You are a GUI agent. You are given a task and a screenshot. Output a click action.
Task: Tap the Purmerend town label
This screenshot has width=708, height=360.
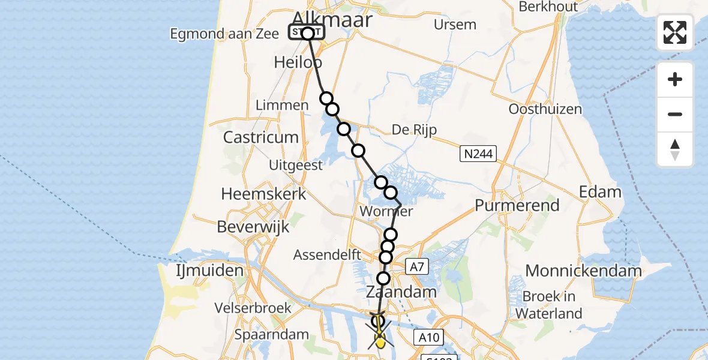click(x=517, y=205)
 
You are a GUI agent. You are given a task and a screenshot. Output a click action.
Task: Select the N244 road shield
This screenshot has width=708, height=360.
click(x=478, y=154)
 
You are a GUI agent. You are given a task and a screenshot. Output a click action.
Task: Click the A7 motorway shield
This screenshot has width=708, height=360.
click(x=418, y=267)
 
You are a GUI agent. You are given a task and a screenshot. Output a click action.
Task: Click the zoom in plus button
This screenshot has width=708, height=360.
click(x=675, y=79)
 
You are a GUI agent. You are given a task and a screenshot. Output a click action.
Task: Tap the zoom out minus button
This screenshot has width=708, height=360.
click(x=675, y=114)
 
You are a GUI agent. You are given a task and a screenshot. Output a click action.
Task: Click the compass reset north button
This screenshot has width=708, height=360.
click(x=675, y=149)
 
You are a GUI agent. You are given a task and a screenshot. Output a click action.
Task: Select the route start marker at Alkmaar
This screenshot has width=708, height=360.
click(x=307, y=33)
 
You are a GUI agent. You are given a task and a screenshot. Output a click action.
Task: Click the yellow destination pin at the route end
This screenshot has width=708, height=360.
click(x=380, y=341)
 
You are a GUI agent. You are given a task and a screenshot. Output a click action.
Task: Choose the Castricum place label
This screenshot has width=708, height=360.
click(x=260, y=137)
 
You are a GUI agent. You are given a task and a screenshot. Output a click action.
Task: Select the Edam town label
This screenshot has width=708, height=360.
click(x=600, y=192)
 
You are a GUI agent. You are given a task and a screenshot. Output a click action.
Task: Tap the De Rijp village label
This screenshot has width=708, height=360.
click(x=413, y=130)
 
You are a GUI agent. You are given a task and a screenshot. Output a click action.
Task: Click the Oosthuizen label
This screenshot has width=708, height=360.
click(x=545, y=109)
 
